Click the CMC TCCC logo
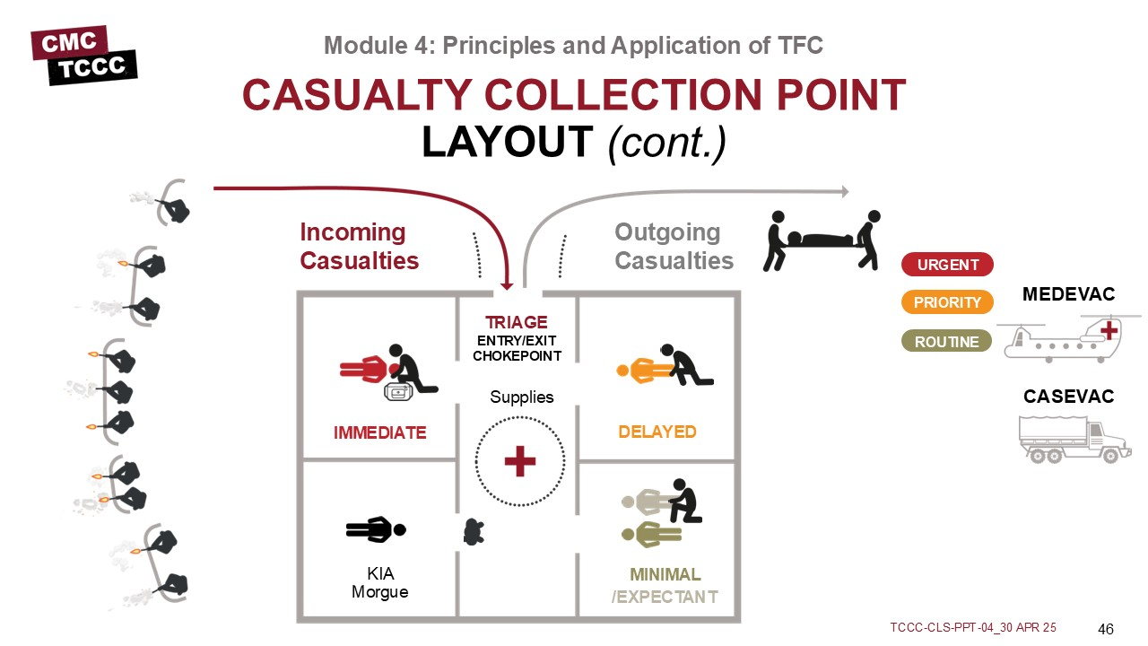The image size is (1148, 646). click(x=83, y=56)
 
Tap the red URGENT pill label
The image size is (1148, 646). click(x=947, y=265)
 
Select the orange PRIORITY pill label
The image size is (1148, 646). click(x=947, y=302)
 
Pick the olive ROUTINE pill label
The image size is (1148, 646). click(x=946, y=342)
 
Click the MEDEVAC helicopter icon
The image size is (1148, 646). click(x=1066, y=338)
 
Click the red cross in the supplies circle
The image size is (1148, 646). click(x=519, y=462)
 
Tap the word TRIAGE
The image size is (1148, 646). click(x=516, y=322)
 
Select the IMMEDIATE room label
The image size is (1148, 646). click(x=379, y=432)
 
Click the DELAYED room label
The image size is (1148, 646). click(x=657, y=432)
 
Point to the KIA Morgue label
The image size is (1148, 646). click(x=380, y=583)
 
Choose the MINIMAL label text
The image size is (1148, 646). click(x=665, y=574)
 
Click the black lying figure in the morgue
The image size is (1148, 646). click(x=376, y=530)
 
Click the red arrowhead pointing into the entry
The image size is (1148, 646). click(x=506, y=284)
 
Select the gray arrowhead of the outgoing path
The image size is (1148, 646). click(x=843, y=191)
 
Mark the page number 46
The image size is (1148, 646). click(x=1105, y=627)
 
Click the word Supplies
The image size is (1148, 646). click(x=521, y=397)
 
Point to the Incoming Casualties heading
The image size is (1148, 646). click(x=359, y=247)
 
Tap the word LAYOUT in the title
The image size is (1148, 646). click(x=507, y=142)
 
